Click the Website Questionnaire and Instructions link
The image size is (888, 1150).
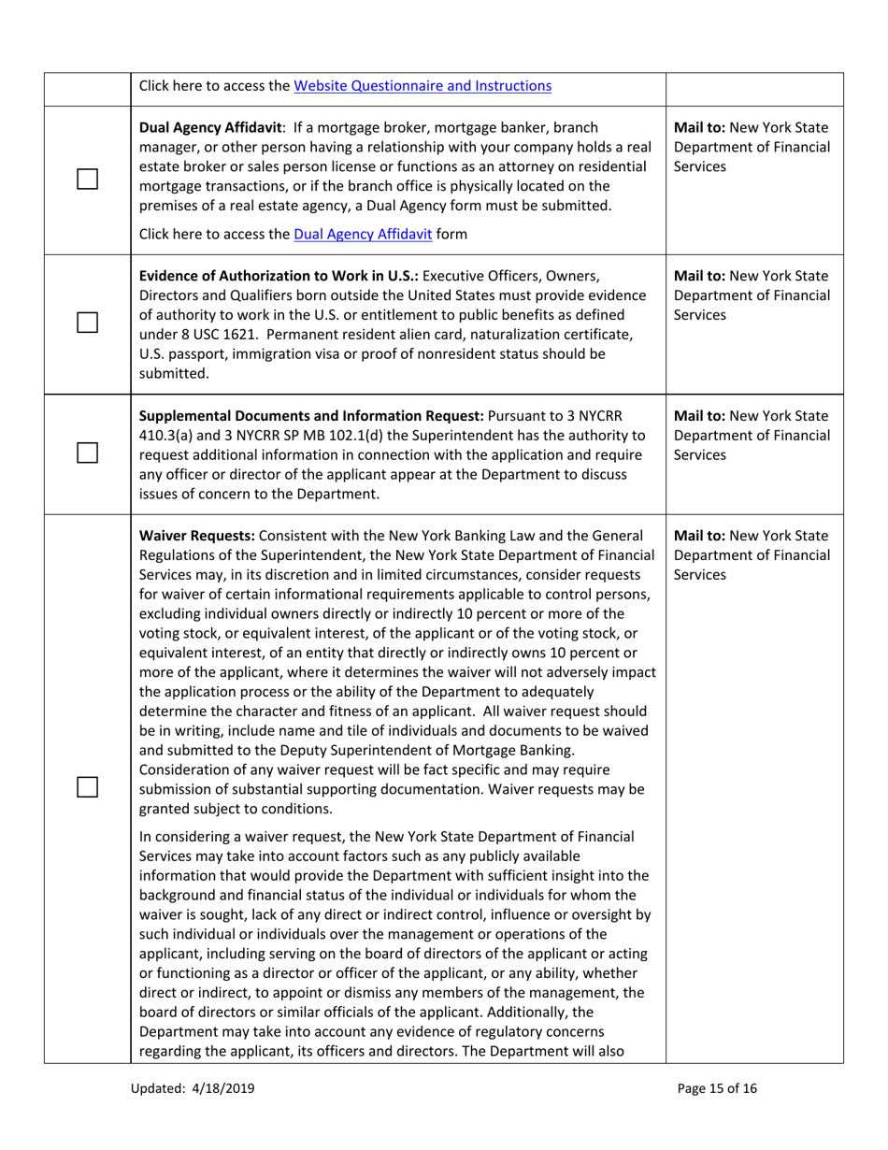click(x=422, y=87)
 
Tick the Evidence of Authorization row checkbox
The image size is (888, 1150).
click(x=88, y=323)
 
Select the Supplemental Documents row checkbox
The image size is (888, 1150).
click(x=88, y=452)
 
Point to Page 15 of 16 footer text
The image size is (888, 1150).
click(x=717, y=1088)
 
